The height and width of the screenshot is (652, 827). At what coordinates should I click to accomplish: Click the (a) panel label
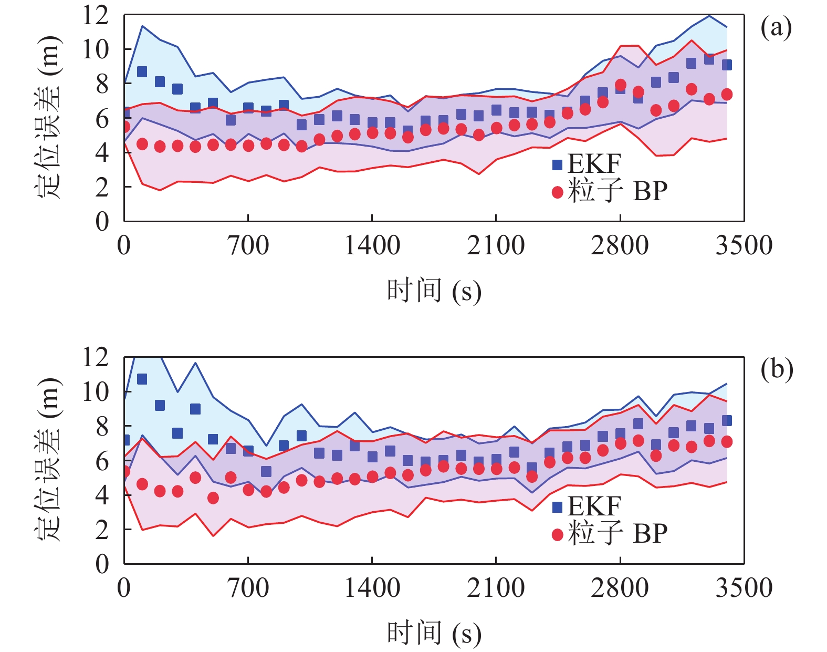click(x=776, y=27)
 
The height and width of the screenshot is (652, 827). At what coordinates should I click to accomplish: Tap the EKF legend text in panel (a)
click(x=594, y=164)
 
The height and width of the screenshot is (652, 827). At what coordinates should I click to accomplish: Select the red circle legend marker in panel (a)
click(x=557, y=192)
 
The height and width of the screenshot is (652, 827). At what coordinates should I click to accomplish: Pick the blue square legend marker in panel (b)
click(x=557, y=507)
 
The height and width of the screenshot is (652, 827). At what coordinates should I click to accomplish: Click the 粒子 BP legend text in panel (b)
click(x=617, y=534)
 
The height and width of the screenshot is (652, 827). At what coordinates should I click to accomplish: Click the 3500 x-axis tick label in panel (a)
click(x=744, y=245)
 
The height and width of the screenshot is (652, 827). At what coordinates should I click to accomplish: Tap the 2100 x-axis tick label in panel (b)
click(x=496, y=587)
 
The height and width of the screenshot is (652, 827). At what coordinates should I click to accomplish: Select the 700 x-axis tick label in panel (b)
click(x=248, y=587)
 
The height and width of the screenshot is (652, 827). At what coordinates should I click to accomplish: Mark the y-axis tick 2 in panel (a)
click(x=102, y=187)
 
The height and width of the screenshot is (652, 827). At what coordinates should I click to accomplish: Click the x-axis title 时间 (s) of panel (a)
click(x=434, y=291)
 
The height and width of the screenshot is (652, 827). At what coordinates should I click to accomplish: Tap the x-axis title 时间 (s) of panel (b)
click(x=434, y=633)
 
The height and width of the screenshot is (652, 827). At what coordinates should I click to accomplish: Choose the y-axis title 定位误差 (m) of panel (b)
click(x=48, y=460)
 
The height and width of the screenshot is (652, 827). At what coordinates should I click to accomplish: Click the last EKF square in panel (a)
click(x=727, y=65)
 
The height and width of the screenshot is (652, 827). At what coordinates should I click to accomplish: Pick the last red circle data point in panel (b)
click(x=727, y=442)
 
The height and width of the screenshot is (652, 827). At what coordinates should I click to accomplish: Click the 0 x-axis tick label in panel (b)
click(x=124, y=587)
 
